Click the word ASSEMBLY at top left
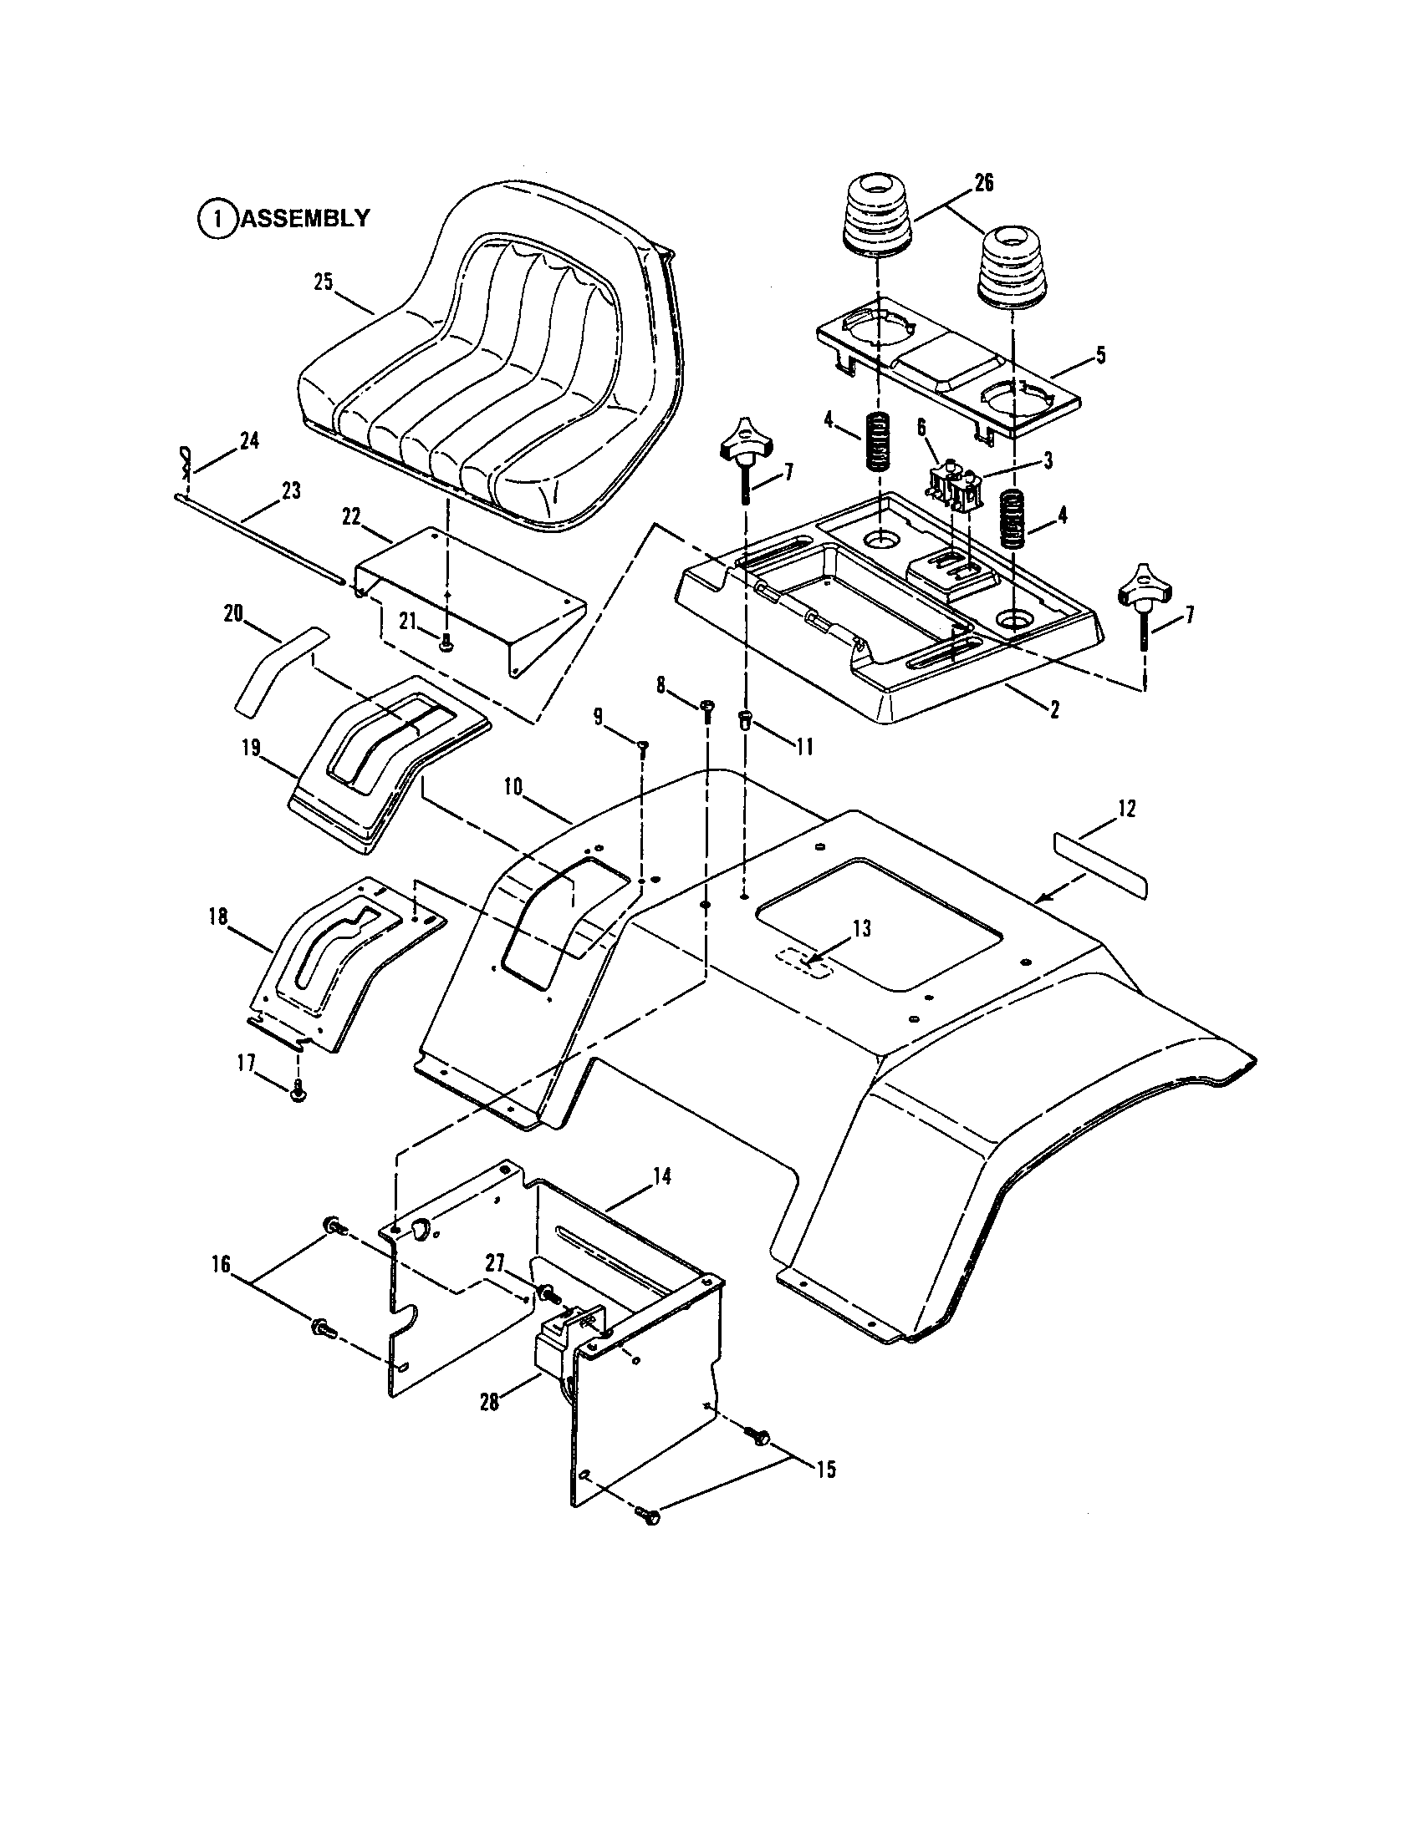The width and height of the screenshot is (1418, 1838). [306, 218]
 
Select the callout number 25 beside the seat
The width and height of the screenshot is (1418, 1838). [324, 282]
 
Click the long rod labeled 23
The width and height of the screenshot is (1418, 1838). [252, 539]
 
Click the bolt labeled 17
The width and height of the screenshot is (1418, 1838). [298, 1093]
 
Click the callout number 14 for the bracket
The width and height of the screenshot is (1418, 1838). [662, 1176]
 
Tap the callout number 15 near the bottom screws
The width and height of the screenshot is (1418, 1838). [826, 1470]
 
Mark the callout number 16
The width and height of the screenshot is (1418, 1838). [221, 1265]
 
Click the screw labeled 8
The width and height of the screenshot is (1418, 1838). [706, 705]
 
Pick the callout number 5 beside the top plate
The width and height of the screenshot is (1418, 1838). [1099, 355]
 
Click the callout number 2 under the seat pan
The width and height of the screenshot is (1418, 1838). [1053, 708]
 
